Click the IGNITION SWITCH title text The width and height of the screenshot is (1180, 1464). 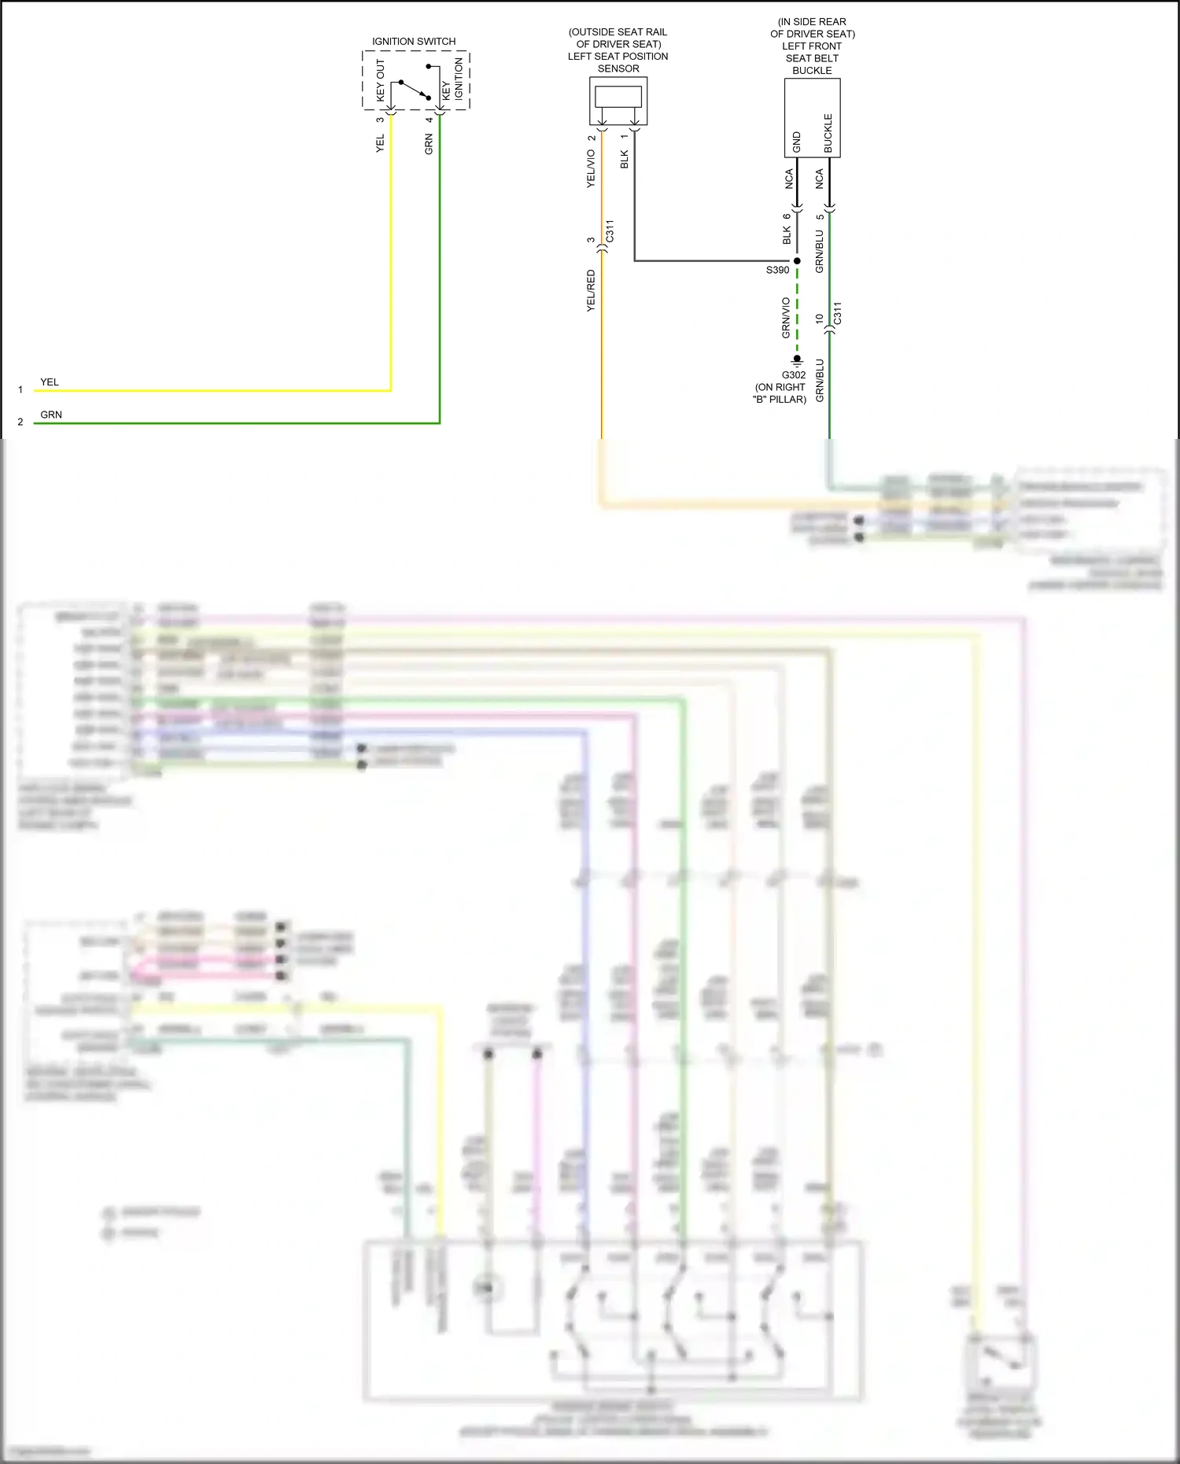pyautogui.click(x=414, y=41)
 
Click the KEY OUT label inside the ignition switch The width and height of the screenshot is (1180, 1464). pyautogui.click(x=380, y=80)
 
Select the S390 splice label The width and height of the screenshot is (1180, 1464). pyautogui.click(x=777, y=270)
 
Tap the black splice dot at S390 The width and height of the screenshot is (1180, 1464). pyautogui.click(x=797, y=261)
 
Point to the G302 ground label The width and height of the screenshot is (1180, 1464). pyautogui.click(x=793, y=375)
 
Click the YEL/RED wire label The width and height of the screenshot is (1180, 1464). pyautogui.click(x=591, y=291)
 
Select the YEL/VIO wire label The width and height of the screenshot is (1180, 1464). pyautogui.click(x=591, y=168)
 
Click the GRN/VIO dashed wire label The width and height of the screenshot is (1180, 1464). pyautogui.click(x=785, y=318)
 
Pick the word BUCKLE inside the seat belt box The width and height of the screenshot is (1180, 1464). pyautogui.click(x=828, y=133)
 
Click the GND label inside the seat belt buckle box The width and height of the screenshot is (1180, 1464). pyautogui.click(x=796, y=142)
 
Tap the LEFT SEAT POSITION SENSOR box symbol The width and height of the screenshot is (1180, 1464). pyautogui.click(x=618, y=100)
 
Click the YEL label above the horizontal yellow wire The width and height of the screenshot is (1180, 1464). pyautogui.click(x=50, y=382)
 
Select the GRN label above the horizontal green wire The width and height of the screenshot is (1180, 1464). pyautogui.click(x=51, y=415)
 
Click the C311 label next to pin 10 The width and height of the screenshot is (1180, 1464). pyautogui.click(x=838, y=313)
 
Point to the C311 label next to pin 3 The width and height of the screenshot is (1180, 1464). pyautogui.click(x=610, y=231)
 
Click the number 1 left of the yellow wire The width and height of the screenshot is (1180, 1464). pyautogui.click(x=20, y=390)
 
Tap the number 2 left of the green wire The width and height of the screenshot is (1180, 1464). pyautogui.click(x=20, y=422)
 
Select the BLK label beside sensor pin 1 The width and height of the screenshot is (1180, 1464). pyautogui.click(x=625, y=159)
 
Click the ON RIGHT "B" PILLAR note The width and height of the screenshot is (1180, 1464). pyautogui.click(x=780, y=393)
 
